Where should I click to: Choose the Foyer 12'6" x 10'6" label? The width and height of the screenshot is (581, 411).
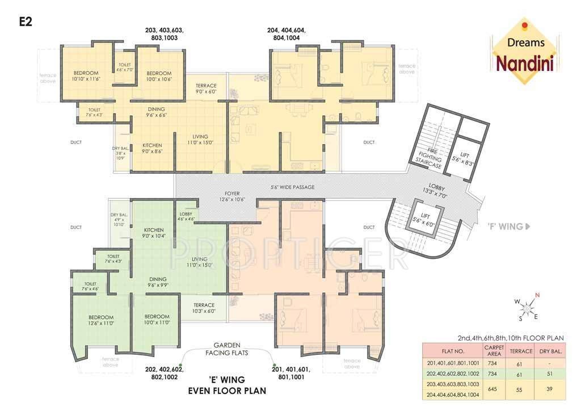[235, 196]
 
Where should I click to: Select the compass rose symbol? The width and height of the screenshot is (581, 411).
[527, 307]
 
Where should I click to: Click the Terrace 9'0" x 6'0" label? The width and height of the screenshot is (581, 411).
[206, 89]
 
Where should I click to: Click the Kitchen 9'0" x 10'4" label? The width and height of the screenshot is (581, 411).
[153, 232]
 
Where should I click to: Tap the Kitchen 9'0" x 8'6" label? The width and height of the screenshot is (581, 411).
[152, 148]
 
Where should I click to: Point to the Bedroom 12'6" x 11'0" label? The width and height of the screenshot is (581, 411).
[101, 320]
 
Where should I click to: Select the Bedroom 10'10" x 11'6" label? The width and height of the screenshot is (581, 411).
[86, 76]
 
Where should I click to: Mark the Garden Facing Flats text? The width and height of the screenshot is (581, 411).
[227, 349]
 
